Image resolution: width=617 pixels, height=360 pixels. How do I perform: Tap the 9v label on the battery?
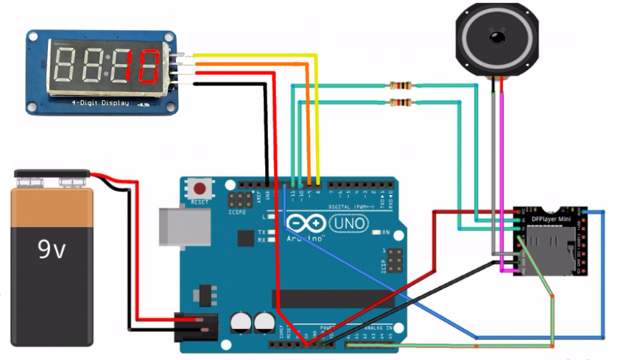pyautogui.click(x=52, y=250)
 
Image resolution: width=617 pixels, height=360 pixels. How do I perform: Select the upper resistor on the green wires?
pyautogui.click(x=401, y=85)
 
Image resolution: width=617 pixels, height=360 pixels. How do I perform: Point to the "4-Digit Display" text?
pyautogui.click(x=100, y=103)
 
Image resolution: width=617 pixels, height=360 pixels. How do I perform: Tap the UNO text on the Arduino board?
pyautogui.click(x=348, y=222)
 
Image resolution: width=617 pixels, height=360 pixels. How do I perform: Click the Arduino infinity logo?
pyautogui.click(x=306, y=224)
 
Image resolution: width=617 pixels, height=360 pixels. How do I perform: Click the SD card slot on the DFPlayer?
pyautogui.click(x=551, y=246)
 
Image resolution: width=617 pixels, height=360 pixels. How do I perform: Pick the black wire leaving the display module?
pyautogui.click(x=228, y=83)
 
